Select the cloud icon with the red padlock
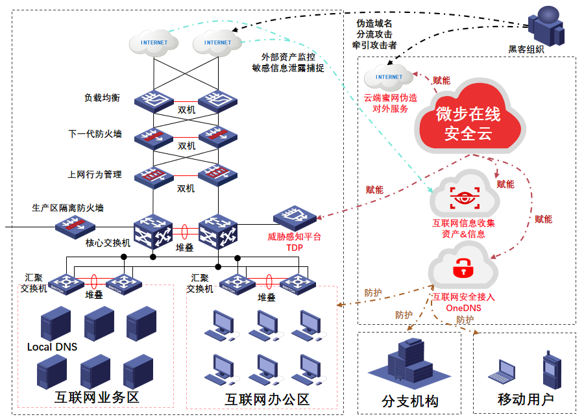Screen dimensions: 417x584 pyautogui.click(x=462, y=266)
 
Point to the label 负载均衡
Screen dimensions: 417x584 pyautogui.click(x=102, y=98)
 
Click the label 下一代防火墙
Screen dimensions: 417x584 pyautogui.click(x=95, y=134)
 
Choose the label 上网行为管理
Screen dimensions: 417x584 pyautogui.click(x=95, y=175)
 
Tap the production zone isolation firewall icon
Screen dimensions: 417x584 pyautogui.click(x=74, y=225)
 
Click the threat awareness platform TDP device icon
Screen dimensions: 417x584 pyautogui.click(x=294, y=218)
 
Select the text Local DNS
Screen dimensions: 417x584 pyautogui.click(x=52, y=347)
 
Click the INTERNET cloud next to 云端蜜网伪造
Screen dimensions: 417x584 pyautogui.click(x=389, y=77)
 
